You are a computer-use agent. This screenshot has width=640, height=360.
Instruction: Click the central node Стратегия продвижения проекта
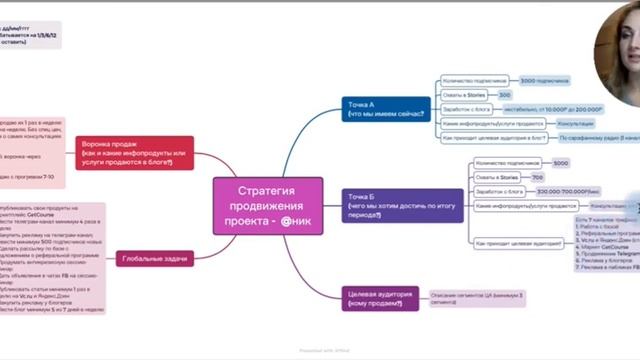coord(267,206)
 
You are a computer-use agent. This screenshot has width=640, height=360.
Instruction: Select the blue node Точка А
coord(385,109)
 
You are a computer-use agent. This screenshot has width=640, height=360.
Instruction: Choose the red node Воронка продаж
coord(134,149)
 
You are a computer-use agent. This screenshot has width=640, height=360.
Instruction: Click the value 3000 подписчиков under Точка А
coord(543,80)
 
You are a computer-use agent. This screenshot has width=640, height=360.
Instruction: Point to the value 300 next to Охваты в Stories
coord(505,95)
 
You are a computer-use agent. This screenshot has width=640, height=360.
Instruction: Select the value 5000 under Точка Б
coord(561,162)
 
